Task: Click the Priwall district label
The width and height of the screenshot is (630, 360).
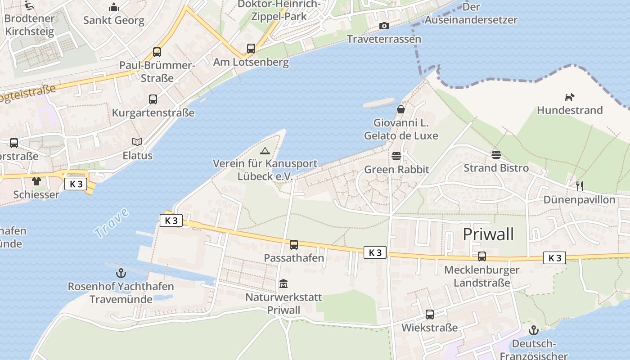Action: (488, 234)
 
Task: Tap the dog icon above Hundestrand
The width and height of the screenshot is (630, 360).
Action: (569, 97)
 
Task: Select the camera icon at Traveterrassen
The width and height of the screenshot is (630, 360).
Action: (384, 26)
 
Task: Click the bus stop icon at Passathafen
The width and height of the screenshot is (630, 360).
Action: (294, 245)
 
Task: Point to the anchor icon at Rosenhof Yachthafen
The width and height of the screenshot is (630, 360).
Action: (121, 273)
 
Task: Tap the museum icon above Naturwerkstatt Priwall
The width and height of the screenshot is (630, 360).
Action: (283, 284)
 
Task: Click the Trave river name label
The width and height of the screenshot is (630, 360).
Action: (111, 224)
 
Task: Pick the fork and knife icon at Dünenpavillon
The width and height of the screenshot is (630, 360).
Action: (580, 186)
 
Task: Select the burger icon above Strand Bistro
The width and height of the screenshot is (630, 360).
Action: (496, 155)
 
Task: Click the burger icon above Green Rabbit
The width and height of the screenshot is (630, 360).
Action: (396, 156)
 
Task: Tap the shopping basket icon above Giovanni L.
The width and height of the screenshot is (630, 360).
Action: (400, 109)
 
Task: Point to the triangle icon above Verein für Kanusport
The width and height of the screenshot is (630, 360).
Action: (265, 151)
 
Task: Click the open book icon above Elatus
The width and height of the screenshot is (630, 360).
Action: (137, 142)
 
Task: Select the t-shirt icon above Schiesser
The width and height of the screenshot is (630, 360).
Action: (36, 181)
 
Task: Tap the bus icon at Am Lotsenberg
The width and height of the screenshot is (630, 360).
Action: (251, 49)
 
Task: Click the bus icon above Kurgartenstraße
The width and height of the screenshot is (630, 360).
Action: (153, 99)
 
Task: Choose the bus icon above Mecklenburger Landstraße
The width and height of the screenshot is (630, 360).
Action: (482, 256)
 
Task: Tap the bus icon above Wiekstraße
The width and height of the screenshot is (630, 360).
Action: (430, 315)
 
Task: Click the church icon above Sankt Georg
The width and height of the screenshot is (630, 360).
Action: (114, 7)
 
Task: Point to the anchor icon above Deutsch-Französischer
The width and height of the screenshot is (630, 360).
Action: (533, 331)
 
